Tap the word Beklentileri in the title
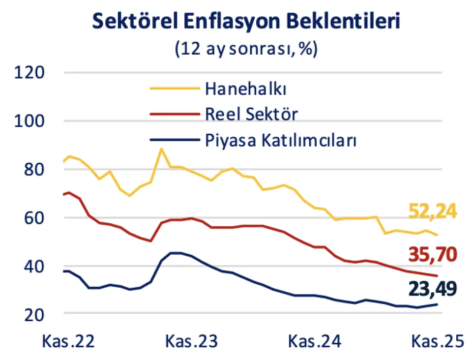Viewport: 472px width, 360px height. [x=330, y=22]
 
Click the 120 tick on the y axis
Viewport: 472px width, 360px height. [x=30, y=73]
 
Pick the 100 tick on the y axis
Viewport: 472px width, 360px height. [x=30, y=121]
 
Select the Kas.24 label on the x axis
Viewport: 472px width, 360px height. [x=314, y=341]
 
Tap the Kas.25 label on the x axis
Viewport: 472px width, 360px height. [x=437, y=341]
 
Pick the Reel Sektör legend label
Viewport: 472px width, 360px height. [x=251, y=115]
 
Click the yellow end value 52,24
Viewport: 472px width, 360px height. [x=433, y=210]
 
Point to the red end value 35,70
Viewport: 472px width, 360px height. [x=433, y=255]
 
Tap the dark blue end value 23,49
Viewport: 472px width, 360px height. [x=433, y=288]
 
